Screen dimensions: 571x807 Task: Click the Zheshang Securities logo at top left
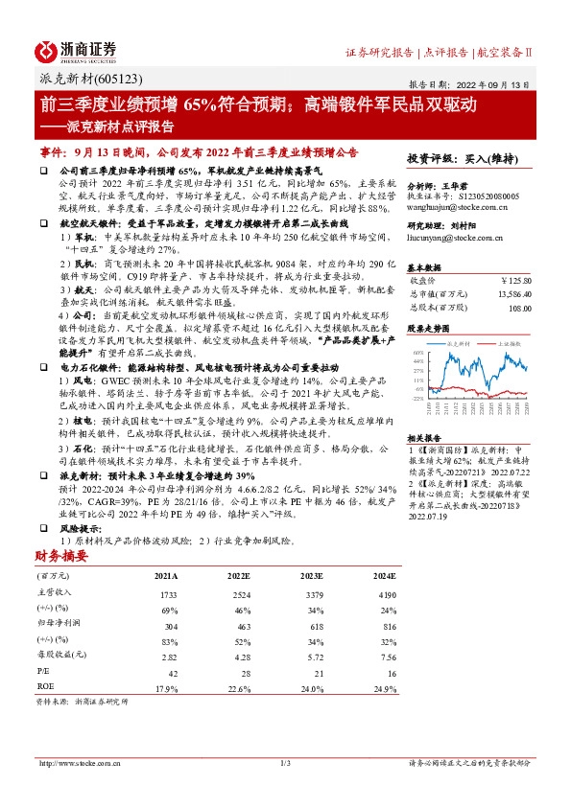[x=76, y=50]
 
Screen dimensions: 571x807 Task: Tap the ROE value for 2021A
[x=166, y=688]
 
